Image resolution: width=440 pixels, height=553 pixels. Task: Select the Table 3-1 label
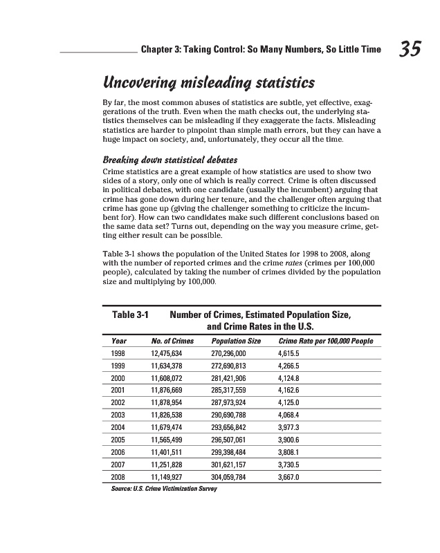(x=131, y=315)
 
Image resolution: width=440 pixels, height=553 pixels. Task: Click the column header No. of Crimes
(x=172, y=341)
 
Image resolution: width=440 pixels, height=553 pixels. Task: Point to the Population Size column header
(x=236, y=341)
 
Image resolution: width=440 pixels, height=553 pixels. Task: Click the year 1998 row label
(x=118, y=353)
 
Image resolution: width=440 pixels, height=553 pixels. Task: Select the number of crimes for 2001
(x=171, y=390)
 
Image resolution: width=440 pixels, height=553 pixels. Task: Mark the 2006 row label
(x=118, y=452)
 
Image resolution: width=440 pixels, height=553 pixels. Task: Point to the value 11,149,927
(x=171, y=477)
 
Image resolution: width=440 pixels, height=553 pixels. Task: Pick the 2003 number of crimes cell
(x=171, y=415)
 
